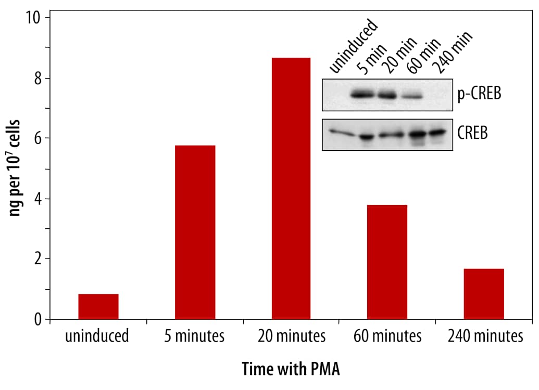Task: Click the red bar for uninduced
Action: pos(98,306)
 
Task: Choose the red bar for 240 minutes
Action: pos(484,294)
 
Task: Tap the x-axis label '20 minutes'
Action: pos(291,336)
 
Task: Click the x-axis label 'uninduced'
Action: pos(98,336)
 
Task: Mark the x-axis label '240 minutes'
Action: pos(484,336)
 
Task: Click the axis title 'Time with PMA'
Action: pos(291,369)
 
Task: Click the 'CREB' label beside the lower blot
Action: pos(473,134)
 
